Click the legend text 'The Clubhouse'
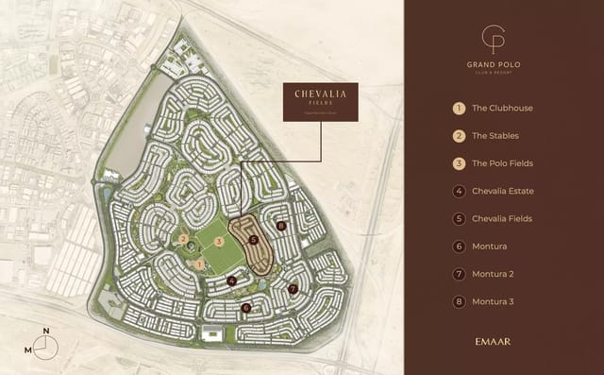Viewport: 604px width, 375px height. (502, 109)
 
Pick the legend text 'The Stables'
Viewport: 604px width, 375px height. (495, 136)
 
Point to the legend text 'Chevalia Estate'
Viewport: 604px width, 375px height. (503, 191)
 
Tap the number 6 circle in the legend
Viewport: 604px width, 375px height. (459, 247)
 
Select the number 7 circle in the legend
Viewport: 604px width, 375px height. (459, 274)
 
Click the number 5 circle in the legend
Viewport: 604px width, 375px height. (459, 219)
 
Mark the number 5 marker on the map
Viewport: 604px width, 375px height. (254, 240)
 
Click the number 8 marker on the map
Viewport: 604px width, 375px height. (281, 226)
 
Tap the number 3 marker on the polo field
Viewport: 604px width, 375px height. (218, 242)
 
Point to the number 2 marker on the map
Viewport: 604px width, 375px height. (183, 239)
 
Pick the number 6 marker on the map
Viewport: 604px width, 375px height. (246, 307)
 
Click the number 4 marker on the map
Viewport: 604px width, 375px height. (231, 280)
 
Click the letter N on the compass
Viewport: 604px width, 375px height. (45, 332)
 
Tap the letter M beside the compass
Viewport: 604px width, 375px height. (28, 349)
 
